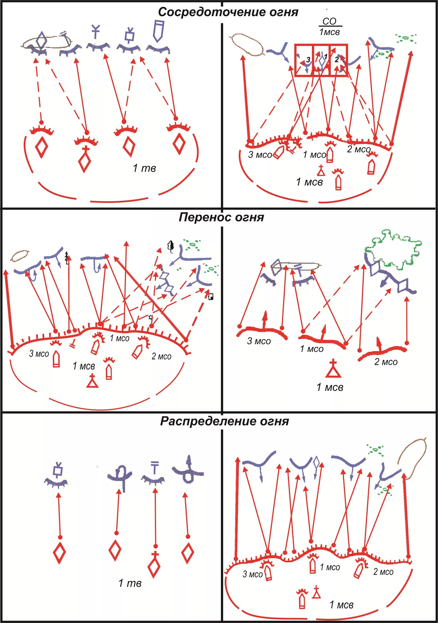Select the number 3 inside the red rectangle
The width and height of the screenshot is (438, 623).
point(308,60)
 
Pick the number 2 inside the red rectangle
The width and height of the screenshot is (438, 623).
point(337,59)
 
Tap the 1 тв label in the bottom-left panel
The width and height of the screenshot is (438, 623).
point(130,583)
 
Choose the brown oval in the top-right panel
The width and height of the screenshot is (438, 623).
point(248,44)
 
